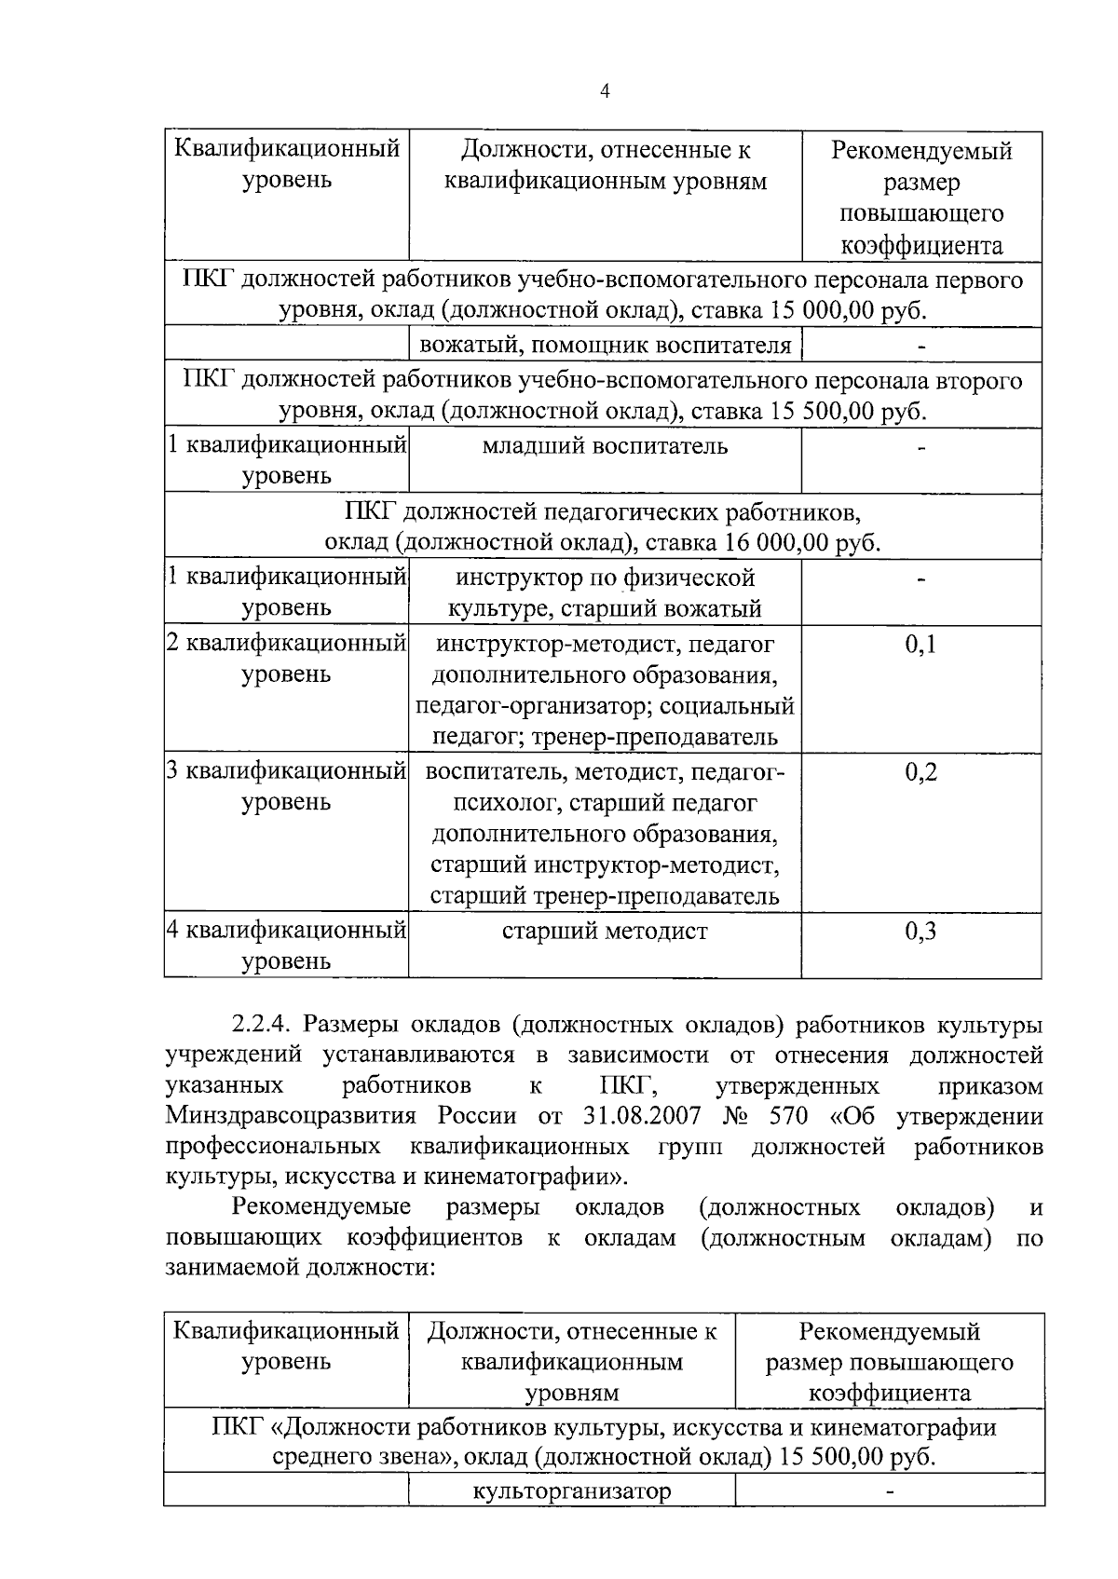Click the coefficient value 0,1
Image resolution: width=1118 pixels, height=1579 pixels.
coord(920,644)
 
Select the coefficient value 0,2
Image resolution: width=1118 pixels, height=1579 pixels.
coord(920,771)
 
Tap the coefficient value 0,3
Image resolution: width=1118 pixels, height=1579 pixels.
coord(920,931)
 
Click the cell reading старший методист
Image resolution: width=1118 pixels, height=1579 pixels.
coord(605,931)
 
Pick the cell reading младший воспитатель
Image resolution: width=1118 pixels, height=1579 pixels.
coord(605,445)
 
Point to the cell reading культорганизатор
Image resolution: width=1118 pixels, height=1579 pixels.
coord(572,1491)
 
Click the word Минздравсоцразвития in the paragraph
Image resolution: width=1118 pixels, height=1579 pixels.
coord(295,1116)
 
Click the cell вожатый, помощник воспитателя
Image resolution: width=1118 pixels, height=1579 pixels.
coord(605,346)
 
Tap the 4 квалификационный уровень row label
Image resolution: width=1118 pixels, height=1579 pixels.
coord(286,945)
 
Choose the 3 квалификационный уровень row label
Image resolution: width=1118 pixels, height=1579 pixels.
coord(286,786)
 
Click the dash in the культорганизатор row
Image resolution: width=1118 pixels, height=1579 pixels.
coord(890,1492)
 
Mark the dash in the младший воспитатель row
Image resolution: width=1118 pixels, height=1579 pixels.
coord(921,448)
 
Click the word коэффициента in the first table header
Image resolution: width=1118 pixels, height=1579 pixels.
coord(921,246)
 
